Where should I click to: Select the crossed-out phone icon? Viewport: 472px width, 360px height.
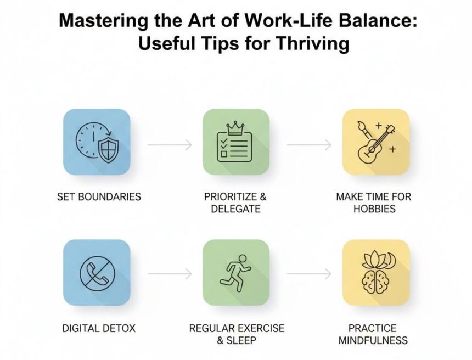pos(97,273)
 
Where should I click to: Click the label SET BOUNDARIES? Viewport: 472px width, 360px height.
pos(99,196)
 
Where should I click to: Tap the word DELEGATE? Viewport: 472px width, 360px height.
pos(235,209)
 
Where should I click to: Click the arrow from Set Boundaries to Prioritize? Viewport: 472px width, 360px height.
pos(170,145)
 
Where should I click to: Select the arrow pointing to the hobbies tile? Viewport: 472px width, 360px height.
pos(309,145)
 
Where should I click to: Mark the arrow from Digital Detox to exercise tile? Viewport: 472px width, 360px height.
pos(170,273)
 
